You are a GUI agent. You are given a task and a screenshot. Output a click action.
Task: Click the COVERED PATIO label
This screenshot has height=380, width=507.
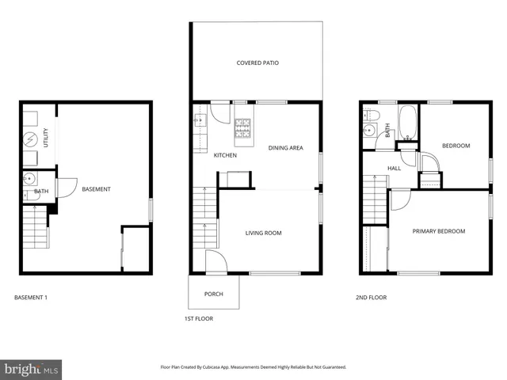257,63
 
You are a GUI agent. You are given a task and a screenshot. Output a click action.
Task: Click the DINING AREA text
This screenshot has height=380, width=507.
285,148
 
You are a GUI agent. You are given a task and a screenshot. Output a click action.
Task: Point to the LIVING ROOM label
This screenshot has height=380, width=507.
263,233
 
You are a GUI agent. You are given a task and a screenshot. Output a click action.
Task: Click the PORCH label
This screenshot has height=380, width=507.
213,294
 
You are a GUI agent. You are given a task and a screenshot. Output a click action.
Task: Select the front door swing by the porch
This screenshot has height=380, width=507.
213,260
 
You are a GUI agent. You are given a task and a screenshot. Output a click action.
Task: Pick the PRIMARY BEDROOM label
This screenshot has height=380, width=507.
438,231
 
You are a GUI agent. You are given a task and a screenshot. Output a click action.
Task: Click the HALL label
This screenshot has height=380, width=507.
394,169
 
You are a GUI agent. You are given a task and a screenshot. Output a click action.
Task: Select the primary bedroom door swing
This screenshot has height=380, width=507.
400,199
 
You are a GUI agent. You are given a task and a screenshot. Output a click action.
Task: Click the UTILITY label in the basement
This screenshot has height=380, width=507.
46,138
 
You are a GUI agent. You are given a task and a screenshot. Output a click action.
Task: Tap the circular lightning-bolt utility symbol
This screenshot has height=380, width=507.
29,139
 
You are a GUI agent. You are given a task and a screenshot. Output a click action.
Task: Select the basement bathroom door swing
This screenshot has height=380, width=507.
65,188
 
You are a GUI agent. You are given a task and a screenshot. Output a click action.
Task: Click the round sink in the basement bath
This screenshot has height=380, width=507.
29,177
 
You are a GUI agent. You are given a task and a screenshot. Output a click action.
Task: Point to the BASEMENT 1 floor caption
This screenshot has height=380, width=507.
32,298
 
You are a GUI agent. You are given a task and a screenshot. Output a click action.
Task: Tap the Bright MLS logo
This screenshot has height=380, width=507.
32,369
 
